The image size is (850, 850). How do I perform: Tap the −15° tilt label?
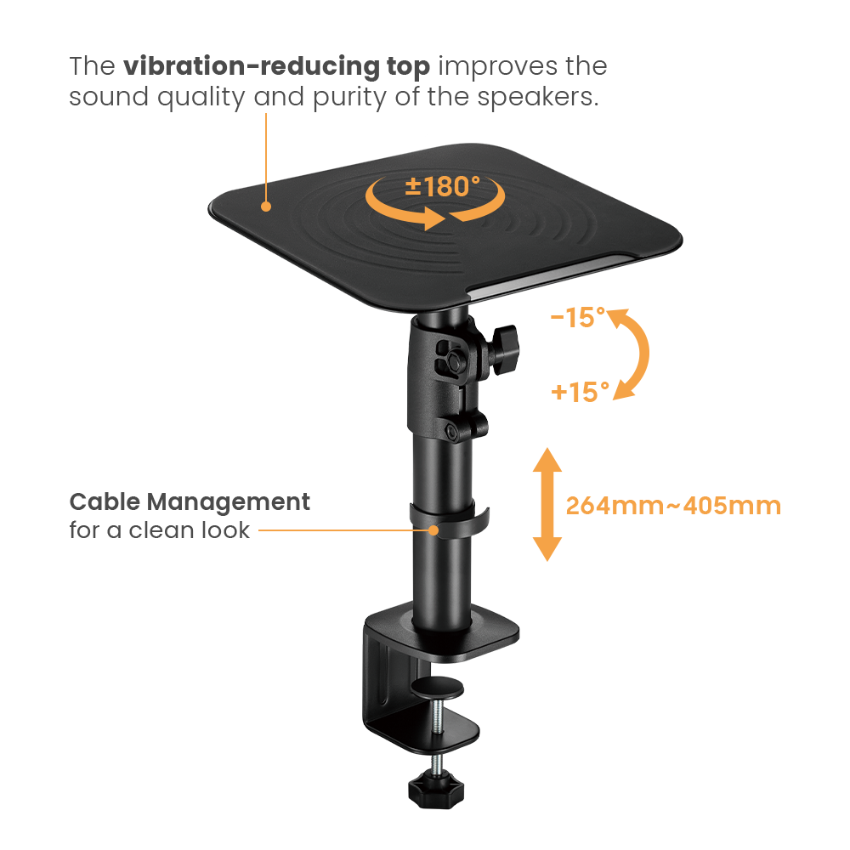pos(577,319)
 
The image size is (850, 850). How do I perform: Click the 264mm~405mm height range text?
pos(672,506)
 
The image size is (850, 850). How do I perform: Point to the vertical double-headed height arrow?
pos(547,505)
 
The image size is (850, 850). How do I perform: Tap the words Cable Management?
pos(189,501)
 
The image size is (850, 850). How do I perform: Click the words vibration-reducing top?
pos(280,66)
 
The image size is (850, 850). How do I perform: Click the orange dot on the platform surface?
pos(266,206)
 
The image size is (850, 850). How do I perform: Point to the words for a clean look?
pos(160,530)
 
